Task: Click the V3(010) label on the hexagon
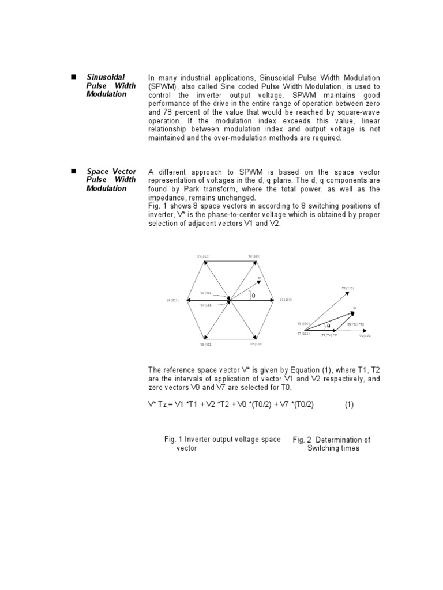click(203, 256)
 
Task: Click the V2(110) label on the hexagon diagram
click(254, 255)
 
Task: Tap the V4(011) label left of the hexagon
click(173, 300)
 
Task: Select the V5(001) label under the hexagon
click(207, 344)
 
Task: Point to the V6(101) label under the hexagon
click(256, 344)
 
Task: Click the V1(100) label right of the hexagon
click(286, 300)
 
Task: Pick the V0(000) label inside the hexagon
click(206, 293)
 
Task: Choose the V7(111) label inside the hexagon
click(206, 304)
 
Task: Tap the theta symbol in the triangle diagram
click(328, 326)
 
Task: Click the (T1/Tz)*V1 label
click(329, 335)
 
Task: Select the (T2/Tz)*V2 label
click(355, 324)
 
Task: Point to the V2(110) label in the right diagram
click(348, 288)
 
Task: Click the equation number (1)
click(349, 404)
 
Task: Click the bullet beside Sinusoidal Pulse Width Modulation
click(73, 77)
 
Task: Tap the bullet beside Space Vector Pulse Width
click(73, 172)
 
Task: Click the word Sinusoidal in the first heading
click(106, 77)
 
